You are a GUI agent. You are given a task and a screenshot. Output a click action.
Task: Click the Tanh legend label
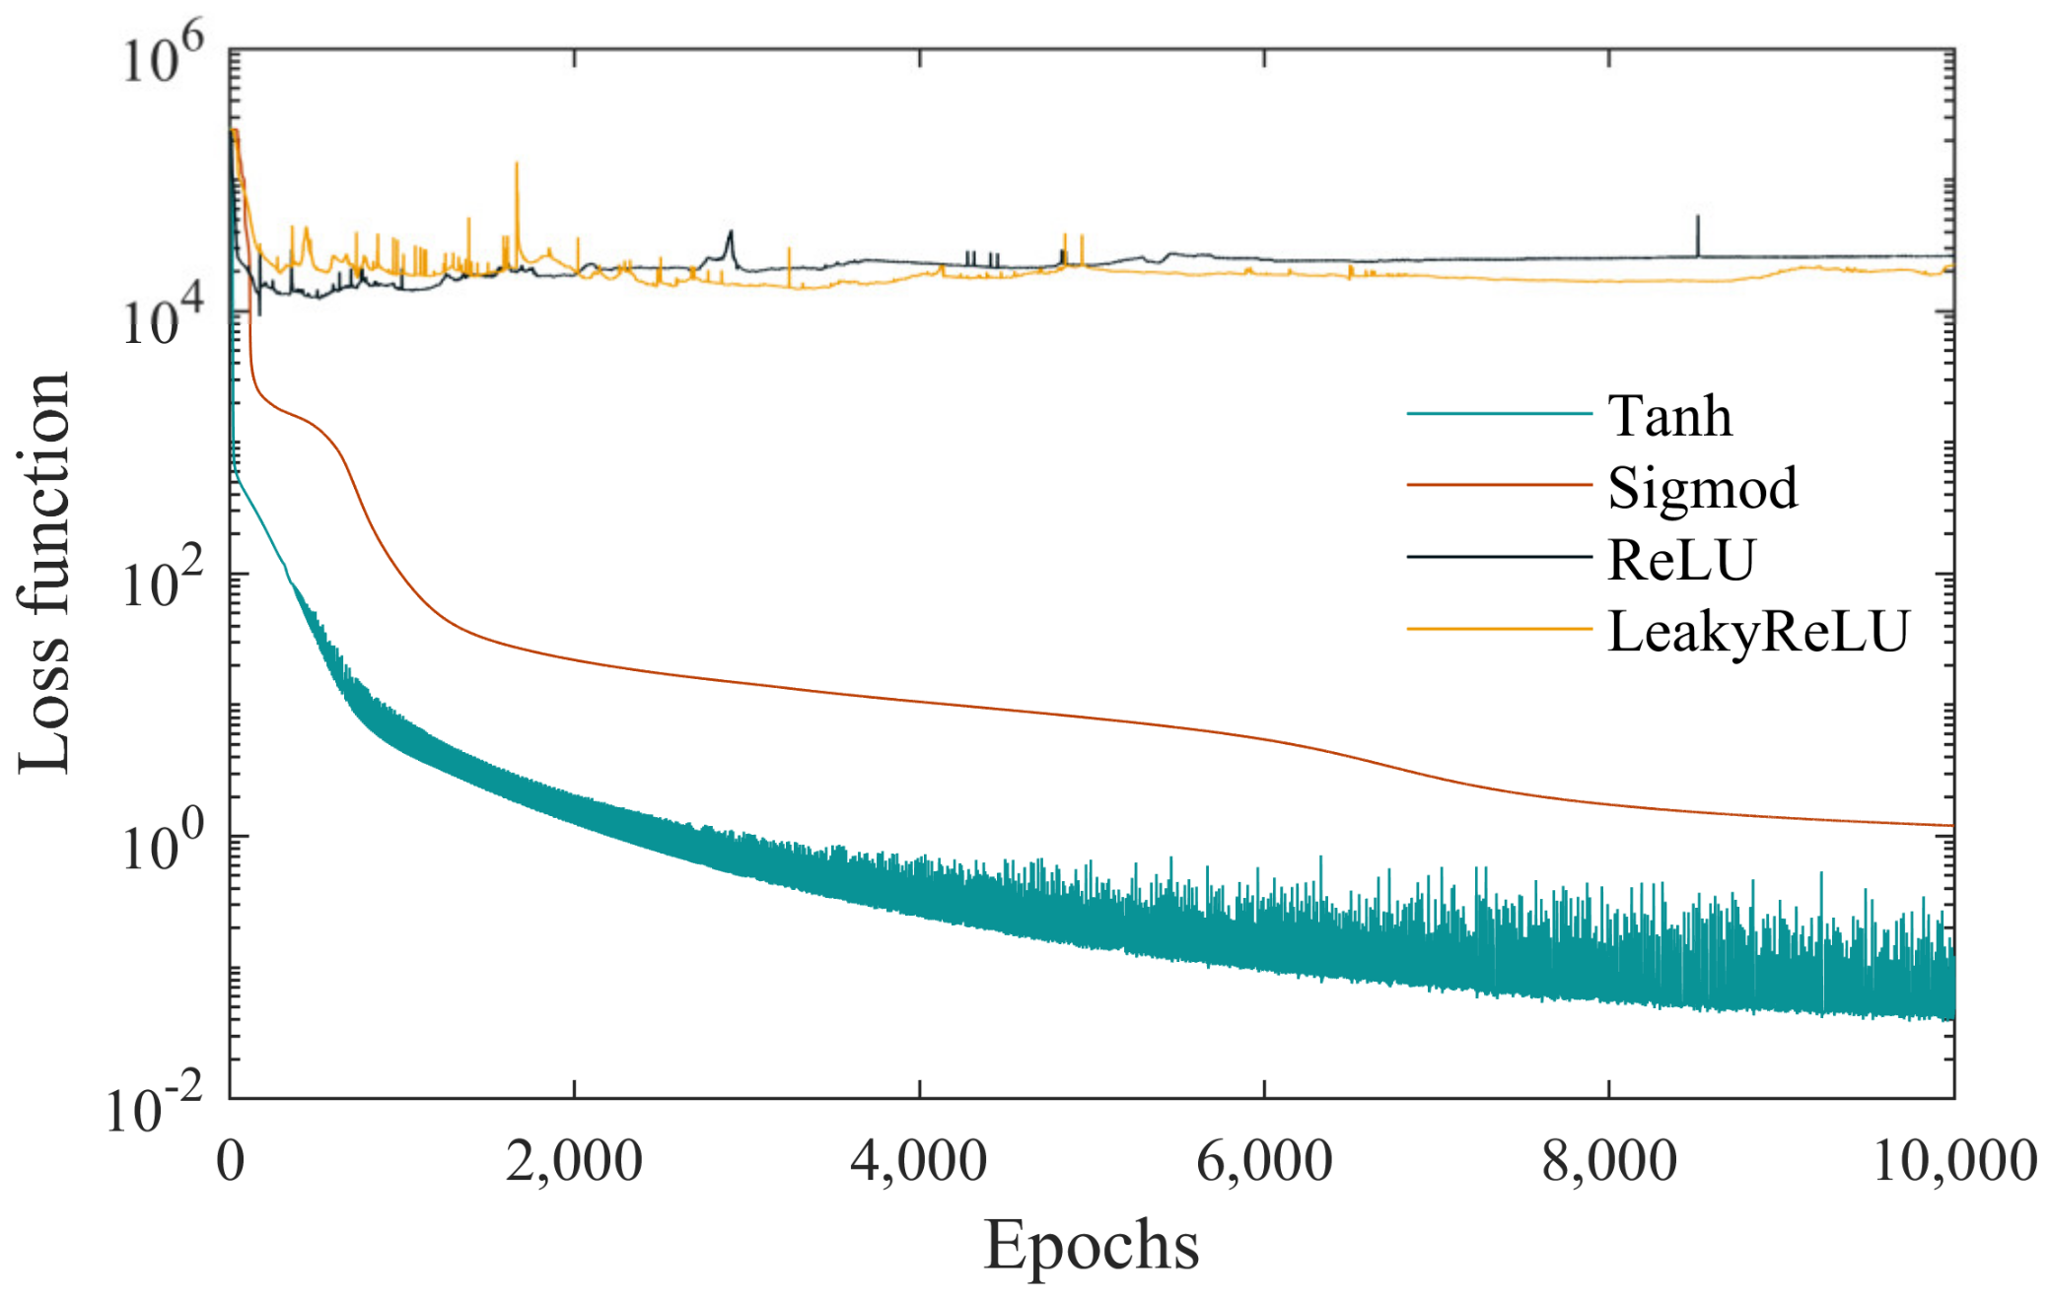1669,416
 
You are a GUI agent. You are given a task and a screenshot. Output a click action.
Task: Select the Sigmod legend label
1703,488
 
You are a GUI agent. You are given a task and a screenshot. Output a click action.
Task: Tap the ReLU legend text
1681,560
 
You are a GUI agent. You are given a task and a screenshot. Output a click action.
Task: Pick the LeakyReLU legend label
1759,631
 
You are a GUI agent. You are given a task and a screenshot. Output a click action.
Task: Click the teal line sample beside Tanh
1499,414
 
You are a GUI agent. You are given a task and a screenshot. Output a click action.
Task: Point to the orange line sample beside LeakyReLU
1499,629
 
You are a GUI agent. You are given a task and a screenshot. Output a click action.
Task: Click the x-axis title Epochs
1091,1246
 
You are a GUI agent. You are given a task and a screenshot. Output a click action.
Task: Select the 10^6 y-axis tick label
162,56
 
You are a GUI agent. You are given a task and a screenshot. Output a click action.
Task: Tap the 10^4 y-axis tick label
162,317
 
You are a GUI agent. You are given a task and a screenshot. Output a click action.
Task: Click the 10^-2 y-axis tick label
154,1106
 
